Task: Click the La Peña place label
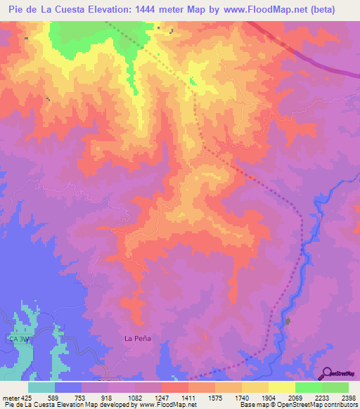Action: (x=138, y=338)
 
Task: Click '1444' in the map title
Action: (x=164, y=9)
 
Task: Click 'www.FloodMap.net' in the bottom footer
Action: (x=167, y=405)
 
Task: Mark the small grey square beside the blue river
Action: (x=288, y=321)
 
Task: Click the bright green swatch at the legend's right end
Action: (x=335, y=387)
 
